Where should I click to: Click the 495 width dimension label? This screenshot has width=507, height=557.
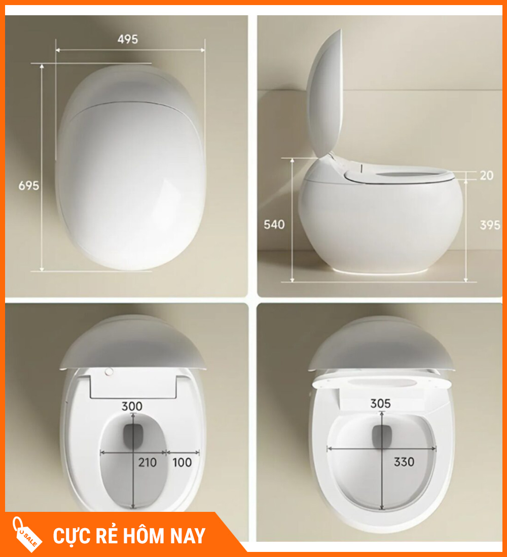[127, 39]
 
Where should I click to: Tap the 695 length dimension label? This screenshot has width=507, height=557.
[29, 186]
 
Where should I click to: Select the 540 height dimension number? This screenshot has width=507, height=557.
[274, 225]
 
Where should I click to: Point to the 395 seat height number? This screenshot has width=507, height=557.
[490, 225]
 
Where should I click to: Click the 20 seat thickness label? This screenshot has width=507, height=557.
[486, 176]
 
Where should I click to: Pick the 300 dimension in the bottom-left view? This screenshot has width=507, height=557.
[132, 406]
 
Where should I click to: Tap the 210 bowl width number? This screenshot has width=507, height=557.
[148, 463]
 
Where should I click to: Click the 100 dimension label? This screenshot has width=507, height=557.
[182, 463]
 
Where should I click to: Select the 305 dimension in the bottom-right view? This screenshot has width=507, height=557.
[380, 403]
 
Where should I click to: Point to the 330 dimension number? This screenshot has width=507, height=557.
[404, 462]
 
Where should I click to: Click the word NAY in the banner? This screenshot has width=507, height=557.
[188, 536]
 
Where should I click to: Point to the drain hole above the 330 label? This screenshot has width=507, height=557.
[382, 437]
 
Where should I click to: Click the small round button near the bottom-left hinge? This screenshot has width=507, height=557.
[109, 372]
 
